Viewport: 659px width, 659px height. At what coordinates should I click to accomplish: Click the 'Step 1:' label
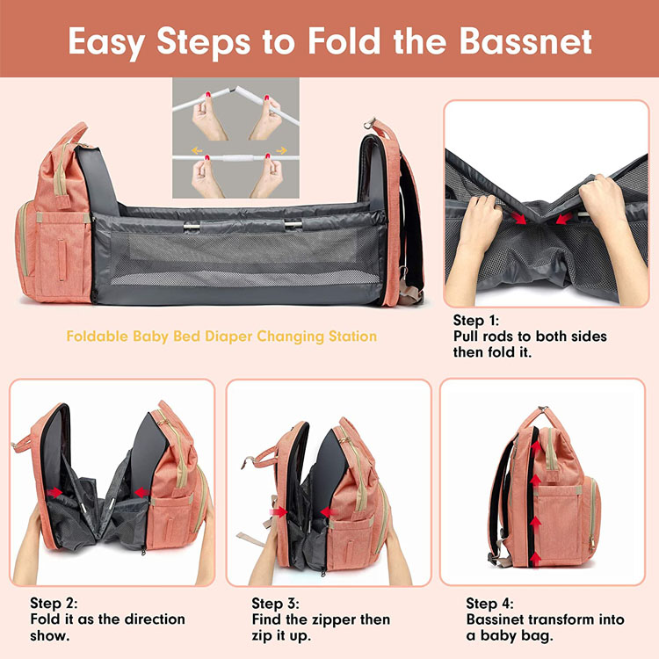click(481, 322)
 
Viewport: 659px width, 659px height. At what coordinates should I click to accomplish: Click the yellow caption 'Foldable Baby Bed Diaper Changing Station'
click(221, 337)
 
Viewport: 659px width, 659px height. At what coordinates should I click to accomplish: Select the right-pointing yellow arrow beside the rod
click(281, 151)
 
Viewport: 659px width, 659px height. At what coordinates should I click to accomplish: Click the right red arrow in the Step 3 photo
click(327, 511)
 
